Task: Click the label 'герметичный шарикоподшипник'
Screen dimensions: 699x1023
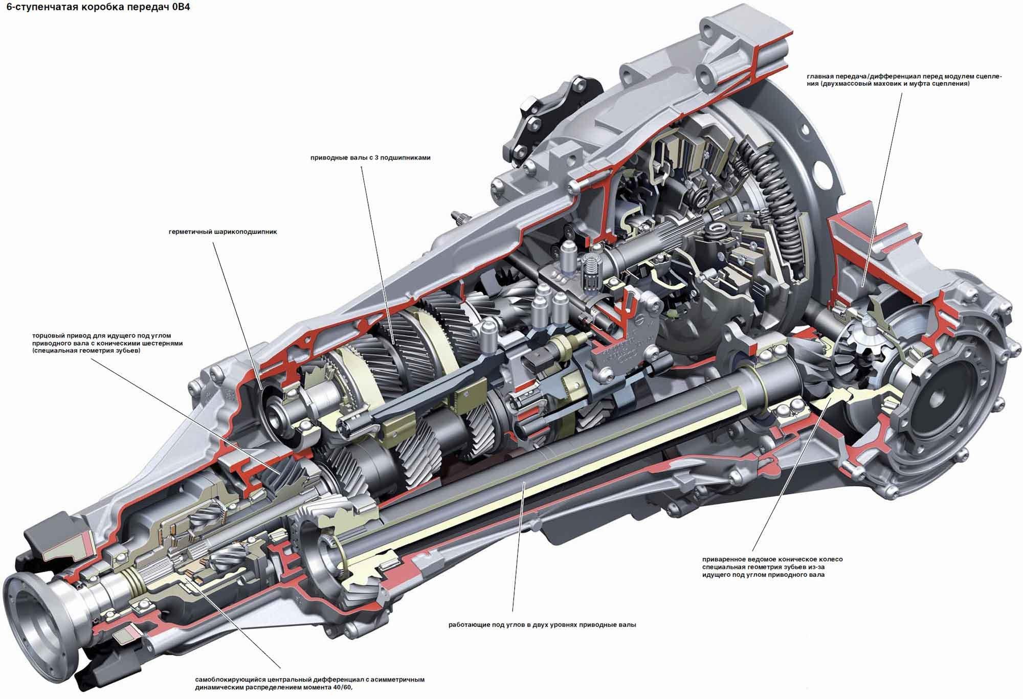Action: click(x=223, y=232)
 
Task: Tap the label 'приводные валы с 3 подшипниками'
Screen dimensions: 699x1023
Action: click(x=370, y=158)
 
